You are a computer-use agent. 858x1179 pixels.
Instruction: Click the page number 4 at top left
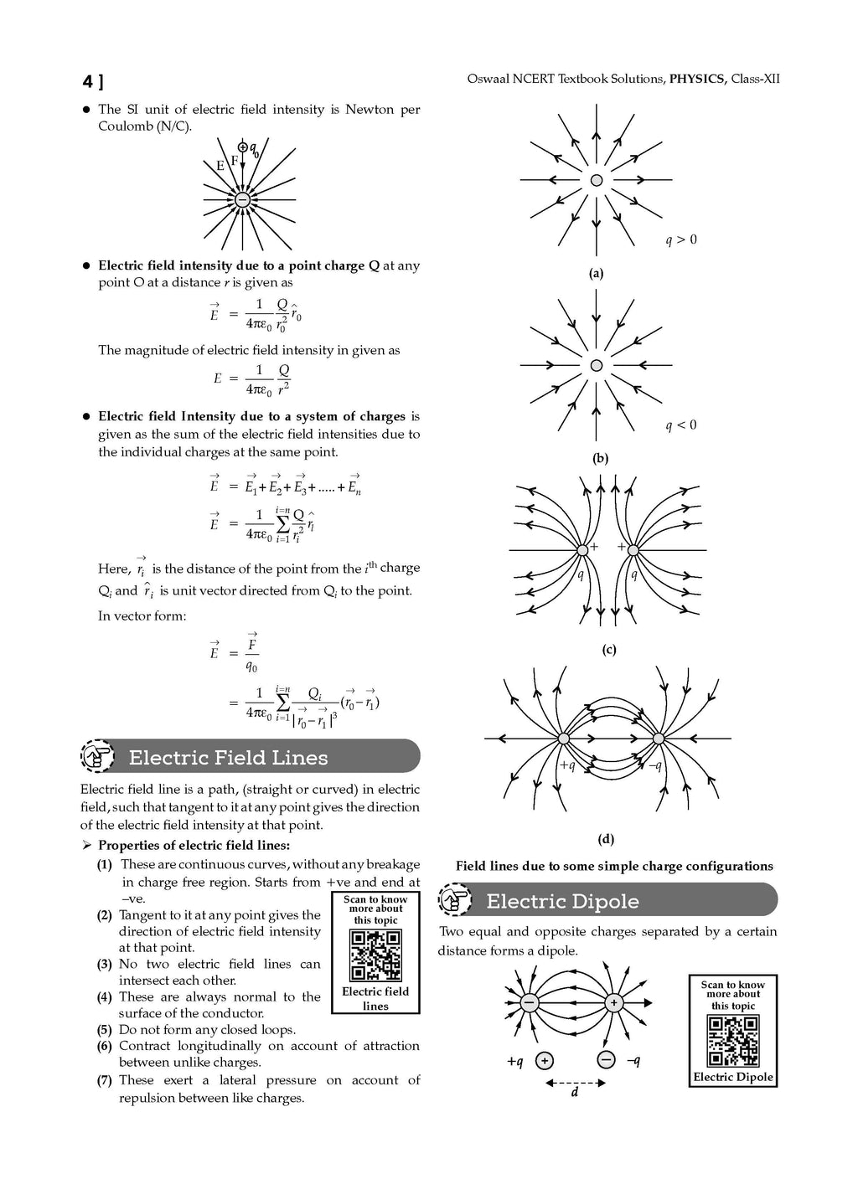click(x=88, y=81)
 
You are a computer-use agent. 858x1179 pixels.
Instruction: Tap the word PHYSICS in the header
click(x=697, y=79)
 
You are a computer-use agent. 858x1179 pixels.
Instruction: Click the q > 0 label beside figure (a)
click(x=681, y=240)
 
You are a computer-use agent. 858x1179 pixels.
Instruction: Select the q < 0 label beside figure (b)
click(x=681, y=425)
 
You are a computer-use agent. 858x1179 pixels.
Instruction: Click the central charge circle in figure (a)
click(x=597, y=180)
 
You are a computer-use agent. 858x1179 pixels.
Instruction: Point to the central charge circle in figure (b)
click(x=597, y=366)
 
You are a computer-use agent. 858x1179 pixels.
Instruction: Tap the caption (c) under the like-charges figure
click(x=609, y=650)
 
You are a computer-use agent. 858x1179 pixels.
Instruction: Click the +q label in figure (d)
click(x=567, y=765)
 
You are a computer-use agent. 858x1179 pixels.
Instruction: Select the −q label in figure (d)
click(x=654, y=765)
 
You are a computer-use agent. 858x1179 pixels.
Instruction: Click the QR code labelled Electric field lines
click(x=375, y=955)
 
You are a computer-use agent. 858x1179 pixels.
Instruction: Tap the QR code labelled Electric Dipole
click(x=733, y=1041)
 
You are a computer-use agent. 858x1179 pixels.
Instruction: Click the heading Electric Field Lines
click(x=228, y=758)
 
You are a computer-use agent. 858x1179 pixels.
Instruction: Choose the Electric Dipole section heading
click(x=562, y=902)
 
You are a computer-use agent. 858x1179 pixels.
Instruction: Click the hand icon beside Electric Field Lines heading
click(x=98, y=757)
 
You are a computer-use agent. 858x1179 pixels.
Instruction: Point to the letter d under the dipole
click(x=575, y=1092)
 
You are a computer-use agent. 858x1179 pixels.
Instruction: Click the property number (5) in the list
click(x=104, y=1030)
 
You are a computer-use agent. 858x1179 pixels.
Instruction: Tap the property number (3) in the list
click(x=104, y=965)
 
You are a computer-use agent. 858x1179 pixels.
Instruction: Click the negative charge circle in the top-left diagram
click(x=242, y=199)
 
